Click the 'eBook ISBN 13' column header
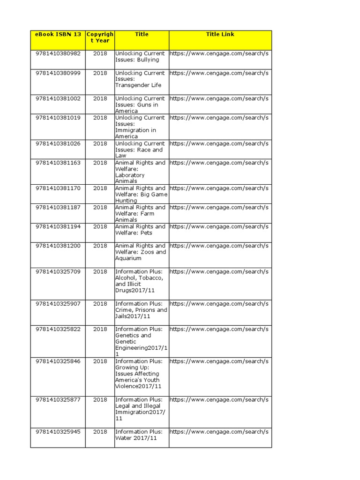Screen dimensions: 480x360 tap(58, 34)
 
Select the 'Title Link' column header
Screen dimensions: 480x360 tap(220, 34)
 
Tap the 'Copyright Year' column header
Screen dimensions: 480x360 tap(100, 37)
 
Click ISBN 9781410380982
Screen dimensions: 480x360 tap(58, 53)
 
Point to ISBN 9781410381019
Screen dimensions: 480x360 tap(58, 118)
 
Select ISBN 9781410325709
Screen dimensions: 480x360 tap(58, 271)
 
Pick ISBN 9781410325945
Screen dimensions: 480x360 tap(58, 432)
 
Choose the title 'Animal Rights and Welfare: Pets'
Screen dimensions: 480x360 tap(140, 230)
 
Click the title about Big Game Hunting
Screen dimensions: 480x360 tap(141, 194)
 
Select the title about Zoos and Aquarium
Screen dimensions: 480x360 tap(140, 252)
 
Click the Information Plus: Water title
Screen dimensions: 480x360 tap(139, 435)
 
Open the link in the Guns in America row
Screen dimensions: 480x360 tap(219, 98)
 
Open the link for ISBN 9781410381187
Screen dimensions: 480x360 tap(219, 207)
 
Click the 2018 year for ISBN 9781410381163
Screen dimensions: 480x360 tap(100, 163)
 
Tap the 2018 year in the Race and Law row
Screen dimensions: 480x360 tap(100, 143)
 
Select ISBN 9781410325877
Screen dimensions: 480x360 tap(58, 400)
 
